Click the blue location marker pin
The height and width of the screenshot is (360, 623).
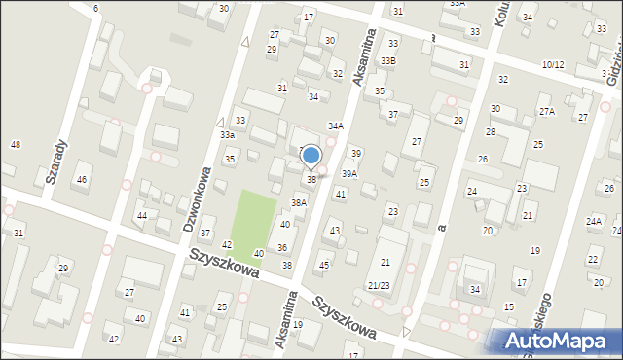click(311, 156)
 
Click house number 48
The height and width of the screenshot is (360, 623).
click(15, 145)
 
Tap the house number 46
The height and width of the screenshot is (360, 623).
click(83, 179)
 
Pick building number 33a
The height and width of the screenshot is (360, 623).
click(227, 135)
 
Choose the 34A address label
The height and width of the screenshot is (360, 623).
click(335, 126)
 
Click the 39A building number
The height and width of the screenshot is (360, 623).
click(348, 174)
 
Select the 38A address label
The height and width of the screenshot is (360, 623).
click(299, 202)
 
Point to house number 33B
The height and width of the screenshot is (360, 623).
click(388, 61)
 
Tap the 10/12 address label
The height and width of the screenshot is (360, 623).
click(553, 64)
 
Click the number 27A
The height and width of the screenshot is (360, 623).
click(547, 112)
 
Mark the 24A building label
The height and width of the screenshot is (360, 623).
click(594, 222)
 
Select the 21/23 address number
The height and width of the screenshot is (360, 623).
click(379, 284)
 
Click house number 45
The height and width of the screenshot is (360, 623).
click(324, 266)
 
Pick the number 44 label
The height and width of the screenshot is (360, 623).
click(142, 215)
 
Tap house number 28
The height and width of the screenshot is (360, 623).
click(491, 131)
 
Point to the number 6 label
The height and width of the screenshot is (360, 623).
click(95, 8)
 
